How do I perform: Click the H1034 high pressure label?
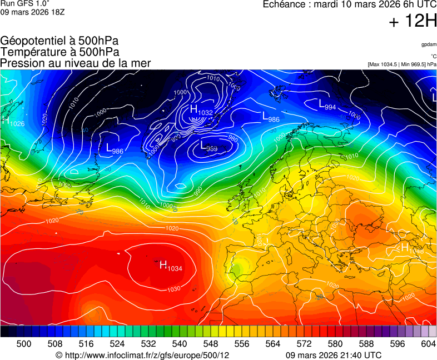171,266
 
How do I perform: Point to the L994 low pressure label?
327,104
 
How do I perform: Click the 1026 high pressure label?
14,122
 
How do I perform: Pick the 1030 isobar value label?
173,289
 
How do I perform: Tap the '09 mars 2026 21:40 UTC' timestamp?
334,355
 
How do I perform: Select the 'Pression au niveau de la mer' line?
76,63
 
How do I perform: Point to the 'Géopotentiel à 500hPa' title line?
59,41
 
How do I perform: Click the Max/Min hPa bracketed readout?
402,64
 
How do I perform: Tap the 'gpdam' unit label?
429,44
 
